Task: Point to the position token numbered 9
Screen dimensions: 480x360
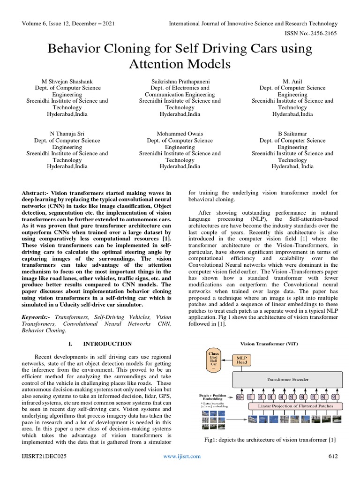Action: [333, 397]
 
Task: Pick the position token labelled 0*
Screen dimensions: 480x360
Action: [240, 397]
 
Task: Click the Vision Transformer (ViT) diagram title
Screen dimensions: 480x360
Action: [269, 344]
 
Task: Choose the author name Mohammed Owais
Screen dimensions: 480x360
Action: [180, 134]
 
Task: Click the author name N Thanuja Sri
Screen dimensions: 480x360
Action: [67, 134]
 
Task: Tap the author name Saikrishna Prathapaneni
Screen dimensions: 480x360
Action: [180, 81]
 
